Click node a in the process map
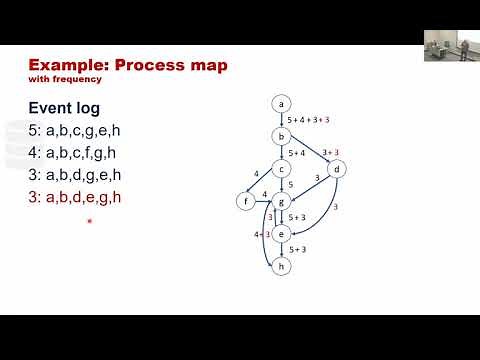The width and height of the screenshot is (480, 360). coord(283,103)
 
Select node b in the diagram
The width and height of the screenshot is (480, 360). coord(283,136)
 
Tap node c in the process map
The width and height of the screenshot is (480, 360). coord(283,169)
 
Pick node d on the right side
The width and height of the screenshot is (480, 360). coord(338,169)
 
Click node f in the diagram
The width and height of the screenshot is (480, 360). coord(247,202)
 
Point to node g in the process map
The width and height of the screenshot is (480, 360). coord(283,202)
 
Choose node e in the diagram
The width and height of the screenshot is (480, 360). coord(283,234)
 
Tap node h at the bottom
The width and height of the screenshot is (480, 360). coord(283,266)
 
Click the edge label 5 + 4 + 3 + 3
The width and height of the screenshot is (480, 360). coord(309,120)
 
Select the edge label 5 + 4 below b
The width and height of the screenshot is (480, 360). coord(297,153)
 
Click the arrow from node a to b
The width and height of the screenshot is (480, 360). coord(283,120)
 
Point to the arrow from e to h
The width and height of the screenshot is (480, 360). coord(283,250)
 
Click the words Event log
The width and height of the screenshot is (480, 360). coord(63,106)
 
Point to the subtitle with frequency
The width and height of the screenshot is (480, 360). coord(57,80)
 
